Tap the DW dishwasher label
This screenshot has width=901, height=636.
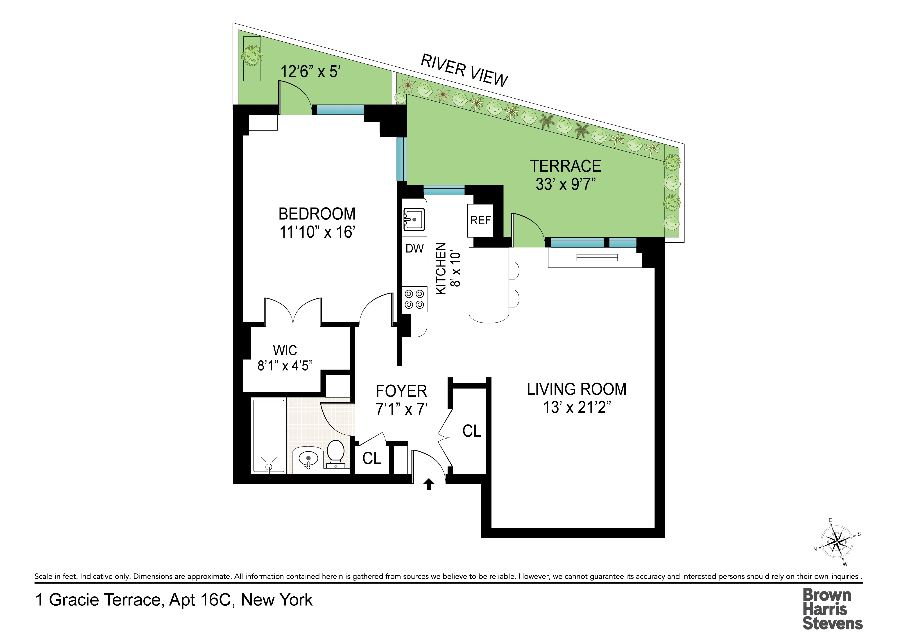click(414, 248)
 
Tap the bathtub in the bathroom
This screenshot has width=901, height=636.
click(268, 435)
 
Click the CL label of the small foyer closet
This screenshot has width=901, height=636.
click(372, 458)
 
